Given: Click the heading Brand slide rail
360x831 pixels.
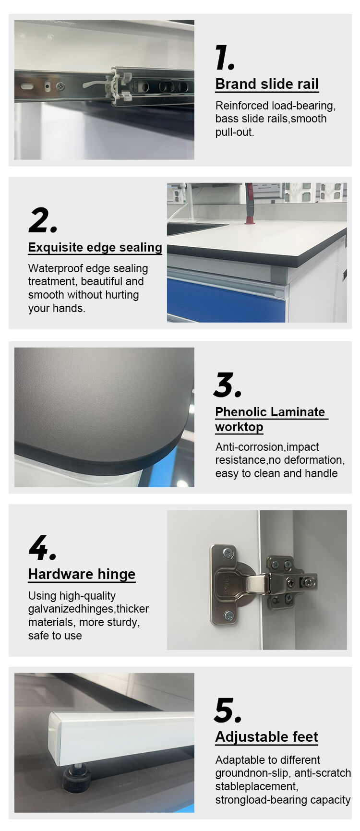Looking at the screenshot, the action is (267, 84).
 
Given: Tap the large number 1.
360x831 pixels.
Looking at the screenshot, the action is (225, 58).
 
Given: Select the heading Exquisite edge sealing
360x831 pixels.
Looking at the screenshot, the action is (95, 247).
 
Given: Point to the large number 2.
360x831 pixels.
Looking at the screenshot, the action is (43, 220).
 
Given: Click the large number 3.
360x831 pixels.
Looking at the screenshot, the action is (228, 385).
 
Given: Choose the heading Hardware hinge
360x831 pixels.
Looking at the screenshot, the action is (82, 574).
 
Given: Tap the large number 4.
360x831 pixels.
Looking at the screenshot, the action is (42, 548).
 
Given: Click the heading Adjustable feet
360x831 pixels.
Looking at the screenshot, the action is (266, 737).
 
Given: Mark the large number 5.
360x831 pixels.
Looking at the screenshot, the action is (228, 711).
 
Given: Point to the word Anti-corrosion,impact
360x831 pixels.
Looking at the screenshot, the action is (267, 447).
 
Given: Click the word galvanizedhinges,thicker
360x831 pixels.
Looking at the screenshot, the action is (88, 609).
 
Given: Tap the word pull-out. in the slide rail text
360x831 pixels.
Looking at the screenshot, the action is (235, 132).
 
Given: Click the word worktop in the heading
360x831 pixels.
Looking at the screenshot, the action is (239, 427).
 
